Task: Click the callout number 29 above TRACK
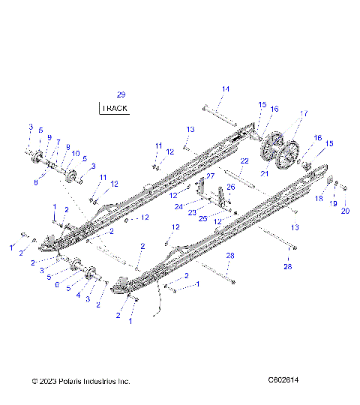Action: (x=121, y=94)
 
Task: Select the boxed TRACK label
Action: (x=115, y=108)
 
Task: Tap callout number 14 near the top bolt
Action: (x=225, y=89)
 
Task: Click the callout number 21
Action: (x=263, y=173)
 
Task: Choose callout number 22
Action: (x=244, y=161)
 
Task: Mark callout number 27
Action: (x=210, y=176)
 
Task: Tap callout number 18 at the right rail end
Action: (x=318, y=199)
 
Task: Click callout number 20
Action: (x=345, y=211)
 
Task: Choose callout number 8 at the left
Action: (x=36, y=181)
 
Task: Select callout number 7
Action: (x=57, y=142)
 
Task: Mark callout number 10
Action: (x=75, y=153)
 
